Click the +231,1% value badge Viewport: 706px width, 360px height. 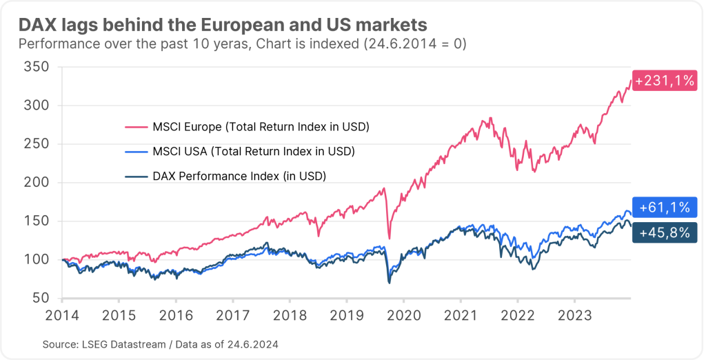pyautogui.click(x=664, y=81)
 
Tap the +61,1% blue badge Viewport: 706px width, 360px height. pyautogui.click(x=664, y=207)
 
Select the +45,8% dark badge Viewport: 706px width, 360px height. pyautogui.click(x=664, y=232)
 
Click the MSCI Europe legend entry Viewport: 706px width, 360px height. pyautogui.click(x=247, y=127)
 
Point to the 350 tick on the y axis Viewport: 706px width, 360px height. pyautogui.click(x=36, y=67)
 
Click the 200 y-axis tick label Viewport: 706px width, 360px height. pyautogui.click(x=36, y=183)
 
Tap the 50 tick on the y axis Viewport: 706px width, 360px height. pyautogui.click(x=39, y=298)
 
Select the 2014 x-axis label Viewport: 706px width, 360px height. pyautogui.click(x=61, y=315)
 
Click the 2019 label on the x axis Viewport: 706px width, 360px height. pyautogui.click(x=346, y=315)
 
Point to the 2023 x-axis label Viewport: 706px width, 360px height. pyautogui.click(x=574, y=315)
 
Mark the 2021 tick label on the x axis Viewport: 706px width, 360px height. pyautogui.click(x=461, y=315)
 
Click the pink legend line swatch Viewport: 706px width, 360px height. pyautogui.click(x=136, y=127)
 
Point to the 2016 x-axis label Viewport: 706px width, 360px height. pyautogui.click(x=175, y=315)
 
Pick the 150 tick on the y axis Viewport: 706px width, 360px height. pyautogui.click(x=36, y=221)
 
